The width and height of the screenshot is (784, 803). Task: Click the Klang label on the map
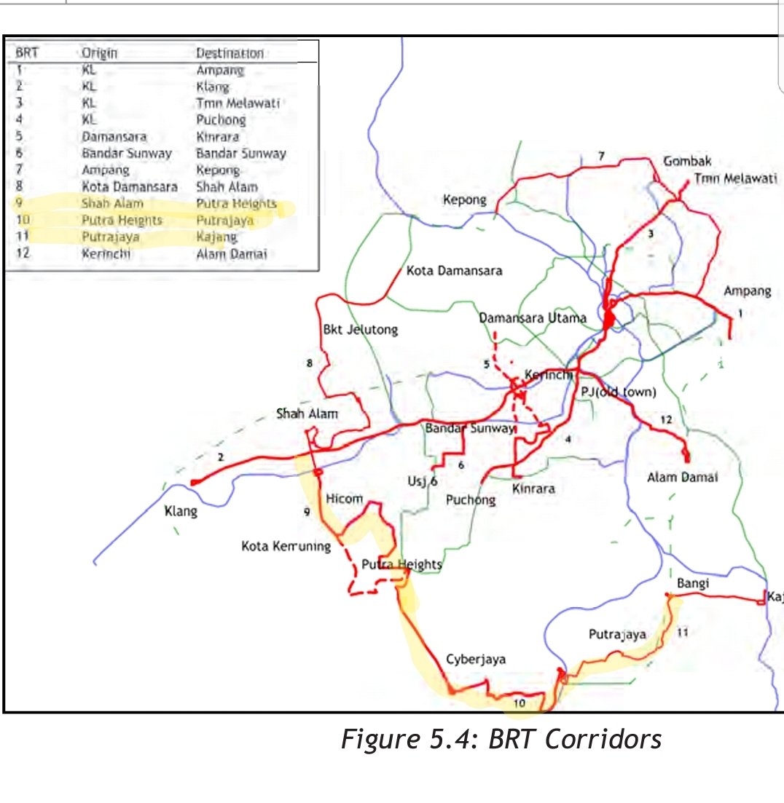(x=181, y=512)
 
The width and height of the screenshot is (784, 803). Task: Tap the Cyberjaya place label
(x=476, y=660)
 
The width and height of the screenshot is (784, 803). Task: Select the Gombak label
(x=687, y=162)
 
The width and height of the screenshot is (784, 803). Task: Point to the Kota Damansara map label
(x=454, y=271)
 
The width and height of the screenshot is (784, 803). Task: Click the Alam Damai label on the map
(x=682, y=478)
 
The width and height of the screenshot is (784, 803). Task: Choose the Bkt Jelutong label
(x=361, y=330)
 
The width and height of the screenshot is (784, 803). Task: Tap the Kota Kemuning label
(x=286, y=546)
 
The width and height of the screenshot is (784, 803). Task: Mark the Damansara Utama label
(x=533, y=318)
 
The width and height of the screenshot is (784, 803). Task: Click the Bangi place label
(x=694, y=583)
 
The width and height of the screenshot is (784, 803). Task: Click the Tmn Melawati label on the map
(x=735, y=179)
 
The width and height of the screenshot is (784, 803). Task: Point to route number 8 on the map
(x=310, y=363)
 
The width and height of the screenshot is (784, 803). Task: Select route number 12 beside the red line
(x=665, y=419)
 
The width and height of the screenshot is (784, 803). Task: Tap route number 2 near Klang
(x=219, y=457)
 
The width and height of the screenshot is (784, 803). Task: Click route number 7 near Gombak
(x=601, y=156)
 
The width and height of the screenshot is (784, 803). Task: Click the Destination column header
(x=230, y=54)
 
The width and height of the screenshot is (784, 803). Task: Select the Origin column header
(x=100, y=54)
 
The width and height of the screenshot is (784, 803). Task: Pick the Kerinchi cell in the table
(x=106, y=254)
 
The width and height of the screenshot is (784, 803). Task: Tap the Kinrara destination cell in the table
(x=217, y=136)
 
